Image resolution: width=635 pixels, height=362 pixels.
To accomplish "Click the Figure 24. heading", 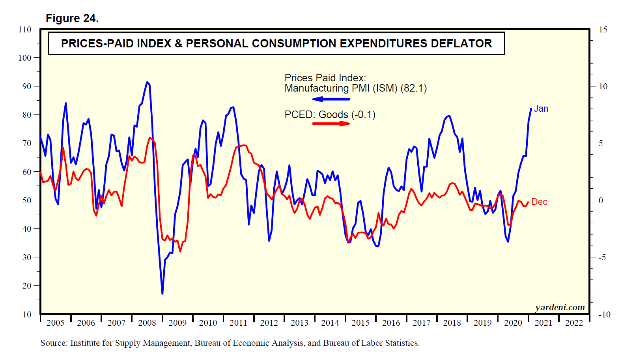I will (x=72, y=18).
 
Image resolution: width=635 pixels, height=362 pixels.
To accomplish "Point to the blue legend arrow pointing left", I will (x=331, y=99).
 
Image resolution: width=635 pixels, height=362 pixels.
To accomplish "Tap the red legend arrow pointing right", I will (x=331, y=124).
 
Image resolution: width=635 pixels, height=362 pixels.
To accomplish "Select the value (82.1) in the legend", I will (x=413, y=88).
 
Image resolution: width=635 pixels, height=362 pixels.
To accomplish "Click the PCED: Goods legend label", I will (x=316, y=114).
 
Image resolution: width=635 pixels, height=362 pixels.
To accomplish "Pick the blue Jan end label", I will (x=541, y=109).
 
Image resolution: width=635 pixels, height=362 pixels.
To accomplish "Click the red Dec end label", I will (x=539, y=202).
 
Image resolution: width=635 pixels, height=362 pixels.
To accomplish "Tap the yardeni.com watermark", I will (x=560, y=307).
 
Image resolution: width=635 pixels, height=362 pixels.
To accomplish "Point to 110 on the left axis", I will (x=24, y=29).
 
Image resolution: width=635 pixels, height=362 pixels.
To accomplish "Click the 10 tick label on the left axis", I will (x=27, y=314).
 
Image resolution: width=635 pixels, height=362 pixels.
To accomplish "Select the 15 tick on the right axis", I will (x=603, y=29).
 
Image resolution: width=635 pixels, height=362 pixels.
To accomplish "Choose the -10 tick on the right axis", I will (x=604, y=315).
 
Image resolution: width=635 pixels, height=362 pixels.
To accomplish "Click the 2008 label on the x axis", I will (x=147, y=323).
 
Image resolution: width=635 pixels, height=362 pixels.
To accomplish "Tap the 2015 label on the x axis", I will (x=360, y=323).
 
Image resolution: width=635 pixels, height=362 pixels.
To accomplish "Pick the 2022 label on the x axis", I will (x=574, y=323).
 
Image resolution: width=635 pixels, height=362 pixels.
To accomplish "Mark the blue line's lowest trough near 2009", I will (x=162, y=294).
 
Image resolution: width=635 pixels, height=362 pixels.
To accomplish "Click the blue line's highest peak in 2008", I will (x=147, y=82).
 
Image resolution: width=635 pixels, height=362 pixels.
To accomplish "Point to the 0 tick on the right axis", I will (x=601, y=201).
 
